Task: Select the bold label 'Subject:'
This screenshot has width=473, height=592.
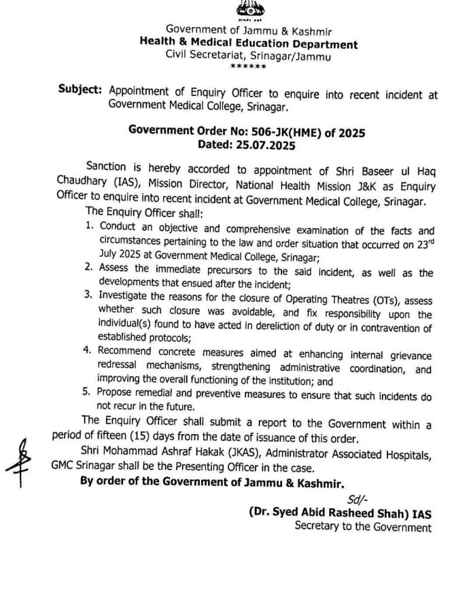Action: (80, 91)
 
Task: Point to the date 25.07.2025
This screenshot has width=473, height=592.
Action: (263, 145)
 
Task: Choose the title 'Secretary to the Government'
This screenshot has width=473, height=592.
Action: (363, 527)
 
